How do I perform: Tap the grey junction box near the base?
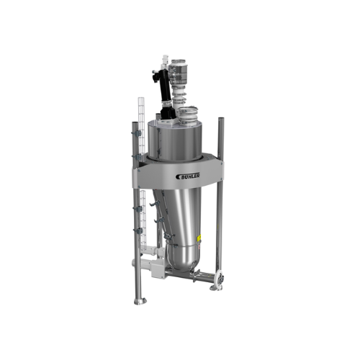pyautogui.click(x=155, y=270)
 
